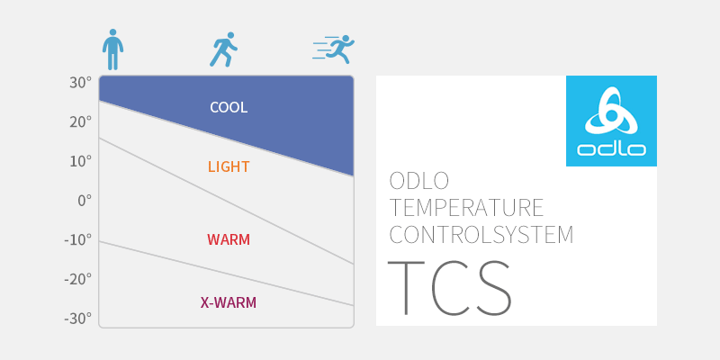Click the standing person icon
click(x=112, y=49)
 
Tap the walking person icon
click(x=223, y=49)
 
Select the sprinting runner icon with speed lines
click(x=334, y=49)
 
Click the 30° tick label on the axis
click(x=80, y=83)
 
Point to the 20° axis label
click(x=80, y=122)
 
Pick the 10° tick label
click(x=81, y=162)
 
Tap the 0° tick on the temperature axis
click(x=85, y=201)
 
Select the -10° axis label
click(x=78, y=239)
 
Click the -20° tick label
click(x=78, y=279)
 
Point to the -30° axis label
click(x=78, y=319)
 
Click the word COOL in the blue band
click(x=229, y=107)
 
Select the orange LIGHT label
click(x=229, y=166)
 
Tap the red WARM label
click(x=229, y=239)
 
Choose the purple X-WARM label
click(x=229, y=302)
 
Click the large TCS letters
click(x=449, y=287)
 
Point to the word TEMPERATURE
click(x=466, y=208)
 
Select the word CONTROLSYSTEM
click(x=481, y=234)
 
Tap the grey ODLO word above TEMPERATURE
click(x=418, y=181)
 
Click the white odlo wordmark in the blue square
click(x=612, y=149)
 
